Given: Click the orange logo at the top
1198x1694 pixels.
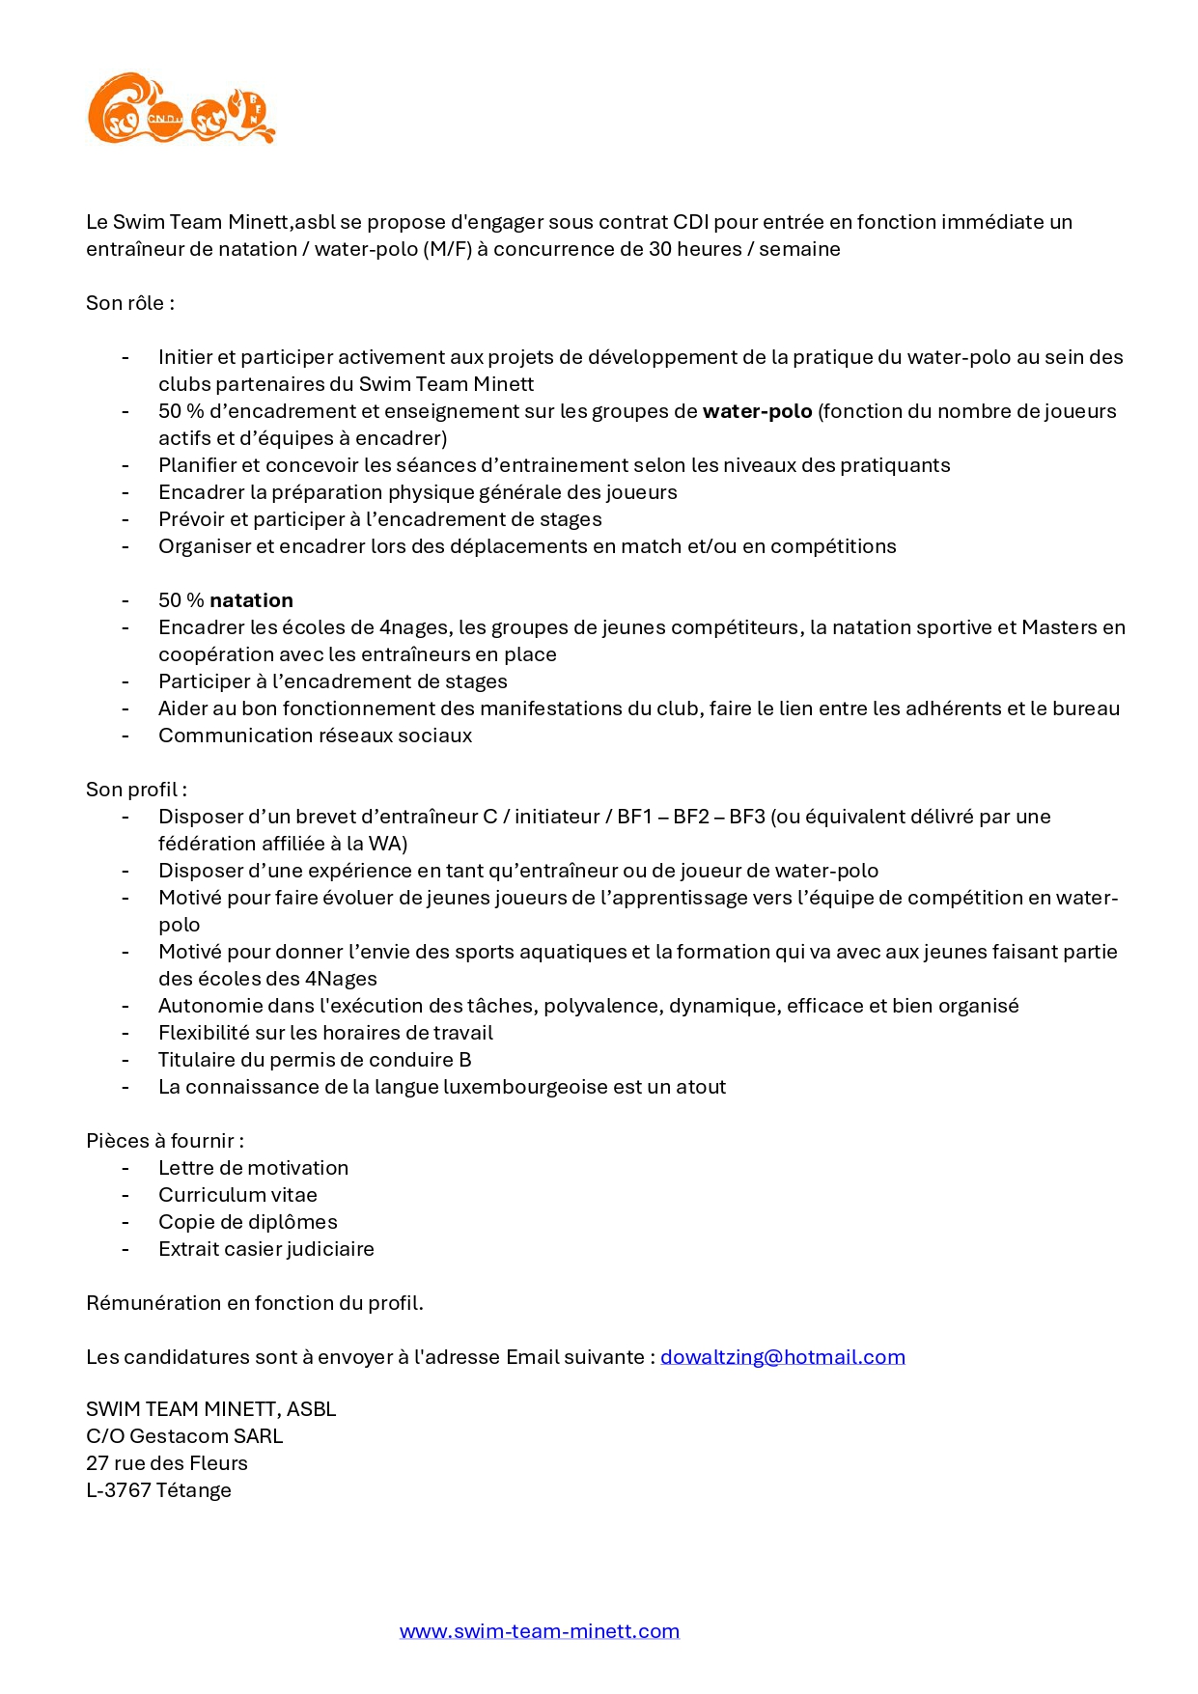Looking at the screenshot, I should [181, 109].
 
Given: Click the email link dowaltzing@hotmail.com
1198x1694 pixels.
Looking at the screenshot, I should [782, 1357].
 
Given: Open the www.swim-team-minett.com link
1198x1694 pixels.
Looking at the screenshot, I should [539, 1631].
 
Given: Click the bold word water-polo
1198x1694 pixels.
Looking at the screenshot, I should [757, 411].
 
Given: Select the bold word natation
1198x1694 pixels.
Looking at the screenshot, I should [251, 600].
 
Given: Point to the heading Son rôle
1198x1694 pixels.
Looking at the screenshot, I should [129, 303].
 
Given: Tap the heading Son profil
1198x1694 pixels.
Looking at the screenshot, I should [135, 790].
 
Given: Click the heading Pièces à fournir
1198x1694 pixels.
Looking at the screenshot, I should [164, 1141].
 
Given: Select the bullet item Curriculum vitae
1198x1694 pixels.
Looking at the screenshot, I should [237, 1195].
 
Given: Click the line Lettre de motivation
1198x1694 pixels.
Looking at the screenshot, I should [253, 1168].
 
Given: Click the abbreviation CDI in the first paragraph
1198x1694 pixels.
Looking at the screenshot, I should [690, 222].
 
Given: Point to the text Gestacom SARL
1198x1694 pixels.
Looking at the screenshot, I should [206, 1436].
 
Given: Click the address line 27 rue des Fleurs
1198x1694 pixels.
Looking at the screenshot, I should [166, 1463].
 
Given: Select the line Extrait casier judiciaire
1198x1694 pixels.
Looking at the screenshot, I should [265, 1249].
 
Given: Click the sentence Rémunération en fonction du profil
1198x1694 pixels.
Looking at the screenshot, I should [254, 1303].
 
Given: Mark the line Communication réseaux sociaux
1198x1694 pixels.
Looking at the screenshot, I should [315, 736].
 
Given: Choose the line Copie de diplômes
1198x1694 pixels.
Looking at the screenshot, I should [247, 1222].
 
